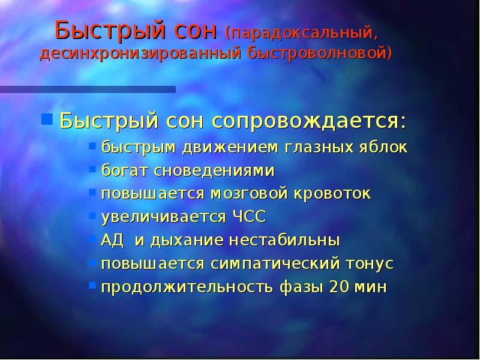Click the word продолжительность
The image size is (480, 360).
click(x=186, y=287)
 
